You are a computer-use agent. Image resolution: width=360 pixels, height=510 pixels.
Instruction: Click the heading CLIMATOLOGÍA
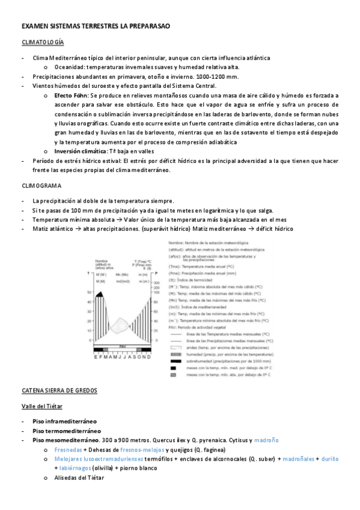tap(43, 43)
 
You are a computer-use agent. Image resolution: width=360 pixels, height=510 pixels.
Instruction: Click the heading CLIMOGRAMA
tap(39, 186)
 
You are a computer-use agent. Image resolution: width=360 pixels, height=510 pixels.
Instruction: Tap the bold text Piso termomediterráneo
tap(67, 431)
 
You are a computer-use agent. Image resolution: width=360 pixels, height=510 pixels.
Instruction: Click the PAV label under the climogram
tap(122, 347)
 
